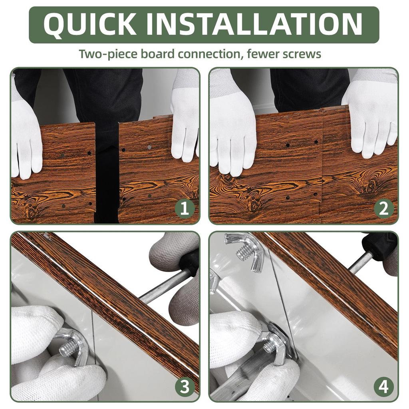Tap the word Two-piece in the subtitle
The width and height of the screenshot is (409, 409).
coord(108,54)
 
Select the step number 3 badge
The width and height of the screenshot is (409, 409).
coord(185,387)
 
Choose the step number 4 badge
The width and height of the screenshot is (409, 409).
coord(383,387)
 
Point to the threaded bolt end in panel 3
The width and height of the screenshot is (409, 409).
coord(67,349)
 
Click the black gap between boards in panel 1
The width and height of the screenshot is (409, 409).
coord(107,172)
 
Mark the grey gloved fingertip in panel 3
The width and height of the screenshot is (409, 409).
coord(183,308)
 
